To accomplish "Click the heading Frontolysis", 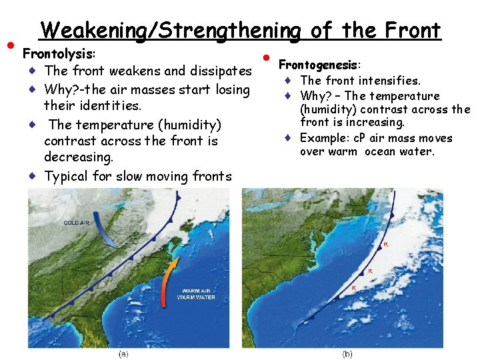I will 59,53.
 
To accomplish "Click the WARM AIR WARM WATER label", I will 196,293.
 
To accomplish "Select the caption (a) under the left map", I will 124,353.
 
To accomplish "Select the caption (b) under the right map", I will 347,353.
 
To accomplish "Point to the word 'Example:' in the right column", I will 321,138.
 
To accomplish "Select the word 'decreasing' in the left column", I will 78,157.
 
